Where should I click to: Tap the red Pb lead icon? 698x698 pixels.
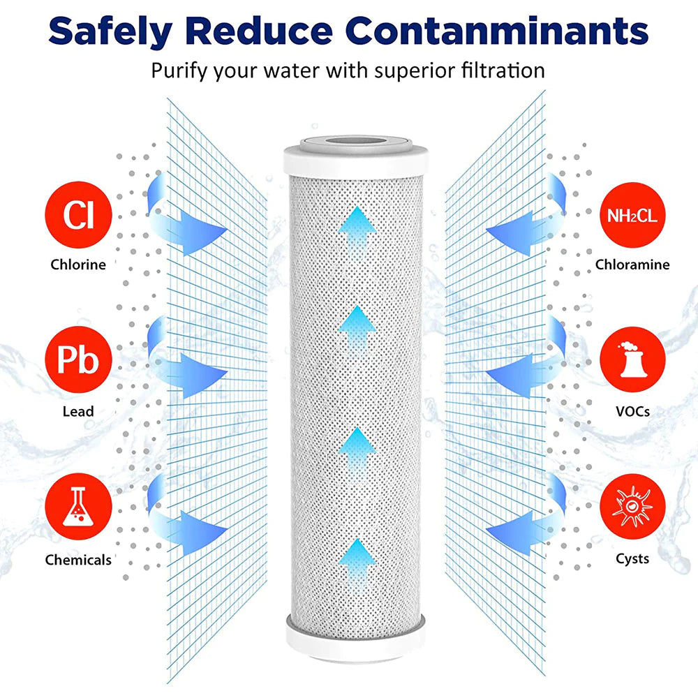(77, 362)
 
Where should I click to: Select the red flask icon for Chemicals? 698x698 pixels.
(77, 508)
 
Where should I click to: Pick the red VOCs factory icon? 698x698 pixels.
(631, 362)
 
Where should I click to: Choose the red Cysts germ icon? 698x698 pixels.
(631, 508)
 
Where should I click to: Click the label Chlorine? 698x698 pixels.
(77, 265)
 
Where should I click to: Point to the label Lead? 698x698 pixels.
(77, 411)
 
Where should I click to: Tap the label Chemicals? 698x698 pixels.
(77, 560)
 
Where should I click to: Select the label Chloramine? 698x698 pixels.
(632, 265)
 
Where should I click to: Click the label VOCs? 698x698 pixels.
(632, 411)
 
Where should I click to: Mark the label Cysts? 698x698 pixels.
(632, 558)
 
